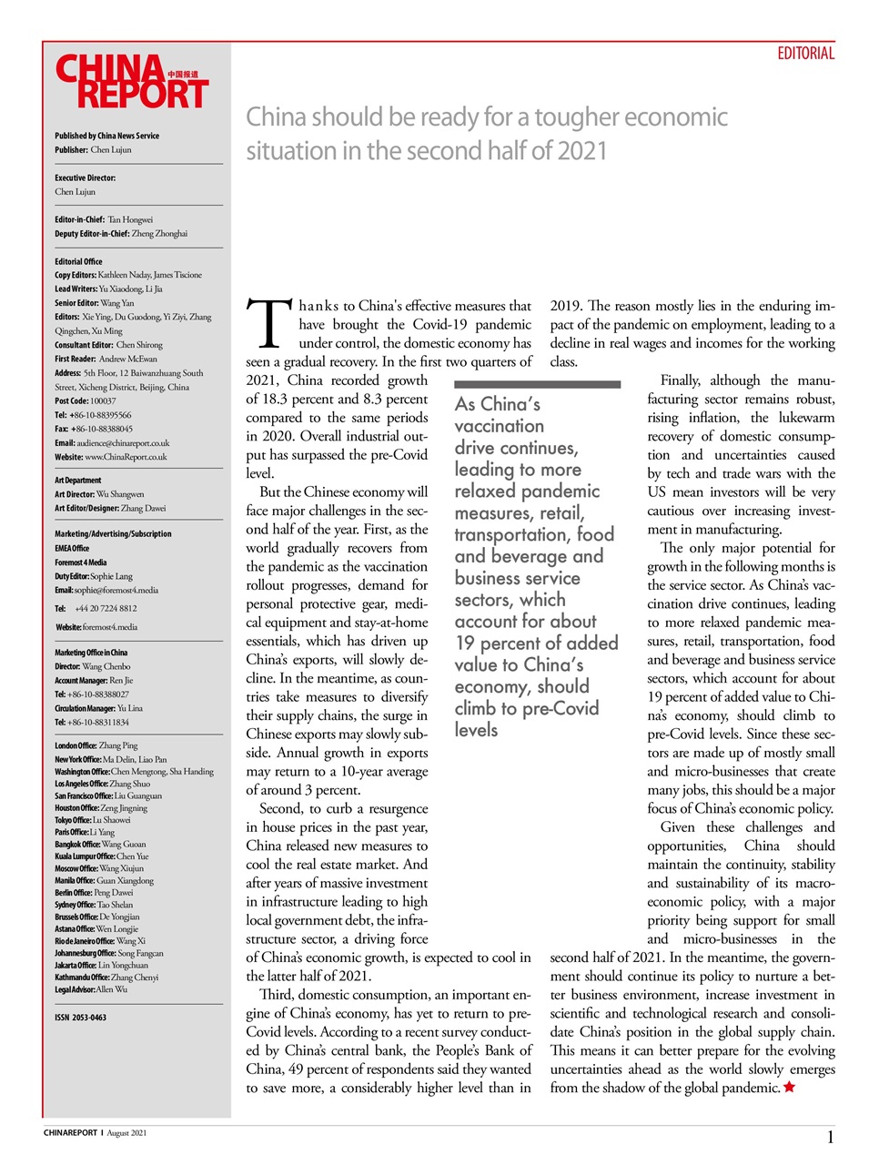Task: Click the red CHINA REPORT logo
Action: (x=131, y=82)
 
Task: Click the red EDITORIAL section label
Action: (x=805, y=54)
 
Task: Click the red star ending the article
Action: (x=789, y=1088)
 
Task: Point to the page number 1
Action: (x=830, y=1137)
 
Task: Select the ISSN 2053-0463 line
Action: (x=80, y=1018)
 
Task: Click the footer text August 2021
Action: (x=126, y=1133)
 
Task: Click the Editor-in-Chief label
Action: (x=79, y=219)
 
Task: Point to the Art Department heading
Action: (x=78, y=481)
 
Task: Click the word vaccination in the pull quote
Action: (x=499, y=426)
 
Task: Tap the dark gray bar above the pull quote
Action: (x=537, y=385)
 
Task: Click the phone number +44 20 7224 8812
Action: (x=106, y=608)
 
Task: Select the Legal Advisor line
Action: (x=91, y=989)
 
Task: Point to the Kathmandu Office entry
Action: (x=106, y=978)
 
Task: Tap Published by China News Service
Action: (x=106, y=136)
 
